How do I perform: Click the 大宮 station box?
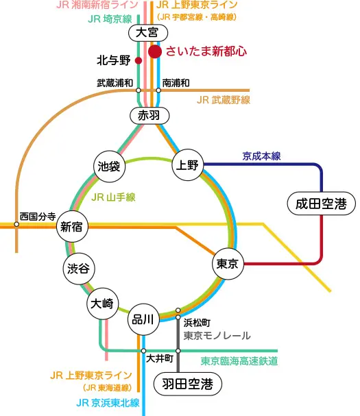[148, 33]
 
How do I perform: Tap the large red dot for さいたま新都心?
[155, 51]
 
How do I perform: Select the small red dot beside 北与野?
[139, 60]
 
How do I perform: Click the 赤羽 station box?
[149, 116]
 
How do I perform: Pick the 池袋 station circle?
[110, 167]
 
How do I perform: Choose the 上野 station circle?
[188, 164]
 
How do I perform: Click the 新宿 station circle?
[72, 226]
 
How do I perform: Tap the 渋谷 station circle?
[79, 269]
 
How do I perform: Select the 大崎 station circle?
[102, 303]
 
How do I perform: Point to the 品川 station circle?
[143, 319]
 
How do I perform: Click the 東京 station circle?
[228, 263]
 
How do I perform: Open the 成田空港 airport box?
[322, 204]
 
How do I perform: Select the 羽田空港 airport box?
[188, 384]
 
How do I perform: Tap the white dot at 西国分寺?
[16, 224]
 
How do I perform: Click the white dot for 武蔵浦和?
[139, 90]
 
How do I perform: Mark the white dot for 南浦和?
[158, 90]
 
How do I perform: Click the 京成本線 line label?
[261, 156]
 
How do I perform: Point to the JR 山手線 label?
[113, 197]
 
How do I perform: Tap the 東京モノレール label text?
[217, 336]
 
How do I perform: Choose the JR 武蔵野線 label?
[224, 100]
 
